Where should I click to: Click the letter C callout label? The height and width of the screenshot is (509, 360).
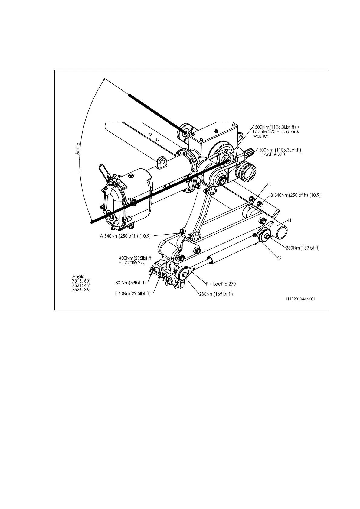pos(269,184)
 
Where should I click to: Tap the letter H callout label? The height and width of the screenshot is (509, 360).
pos(289,220)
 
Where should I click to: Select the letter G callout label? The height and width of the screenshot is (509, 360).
pos(279,258)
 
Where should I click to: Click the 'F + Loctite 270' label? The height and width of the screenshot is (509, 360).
pos(221,284)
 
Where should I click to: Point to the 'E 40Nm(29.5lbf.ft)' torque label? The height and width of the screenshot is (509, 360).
pos(133,294)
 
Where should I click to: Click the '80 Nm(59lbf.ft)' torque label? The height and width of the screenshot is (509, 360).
pos(131,283)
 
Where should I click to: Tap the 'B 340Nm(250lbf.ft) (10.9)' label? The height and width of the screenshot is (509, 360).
pos(295,195)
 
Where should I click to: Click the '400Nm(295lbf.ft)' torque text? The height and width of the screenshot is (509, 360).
pos(136,258)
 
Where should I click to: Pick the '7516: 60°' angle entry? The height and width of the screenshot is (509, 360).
pos(81,281)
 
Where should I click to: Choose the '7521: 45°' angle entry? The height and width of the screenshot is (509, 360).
pos(81,285)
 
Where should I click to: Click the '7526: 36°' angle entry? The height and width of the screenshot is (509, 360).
pos(81,289)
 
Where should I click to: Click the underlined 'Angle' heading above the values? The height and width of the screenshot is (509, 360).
pos(78,277)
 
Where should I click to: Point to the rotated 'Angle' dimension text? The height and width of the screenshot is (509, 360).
pos(78,149)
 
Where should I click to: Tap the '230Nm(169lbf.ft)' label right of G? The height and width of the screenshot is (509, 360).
pos(303,248)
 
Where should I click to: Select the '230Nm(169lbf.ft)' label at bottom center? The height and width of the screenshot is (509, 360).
pos(216,294)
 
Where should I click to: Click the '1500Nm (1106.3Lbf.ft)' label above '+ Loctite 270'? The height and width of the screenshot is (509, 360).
pos(279,150)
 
